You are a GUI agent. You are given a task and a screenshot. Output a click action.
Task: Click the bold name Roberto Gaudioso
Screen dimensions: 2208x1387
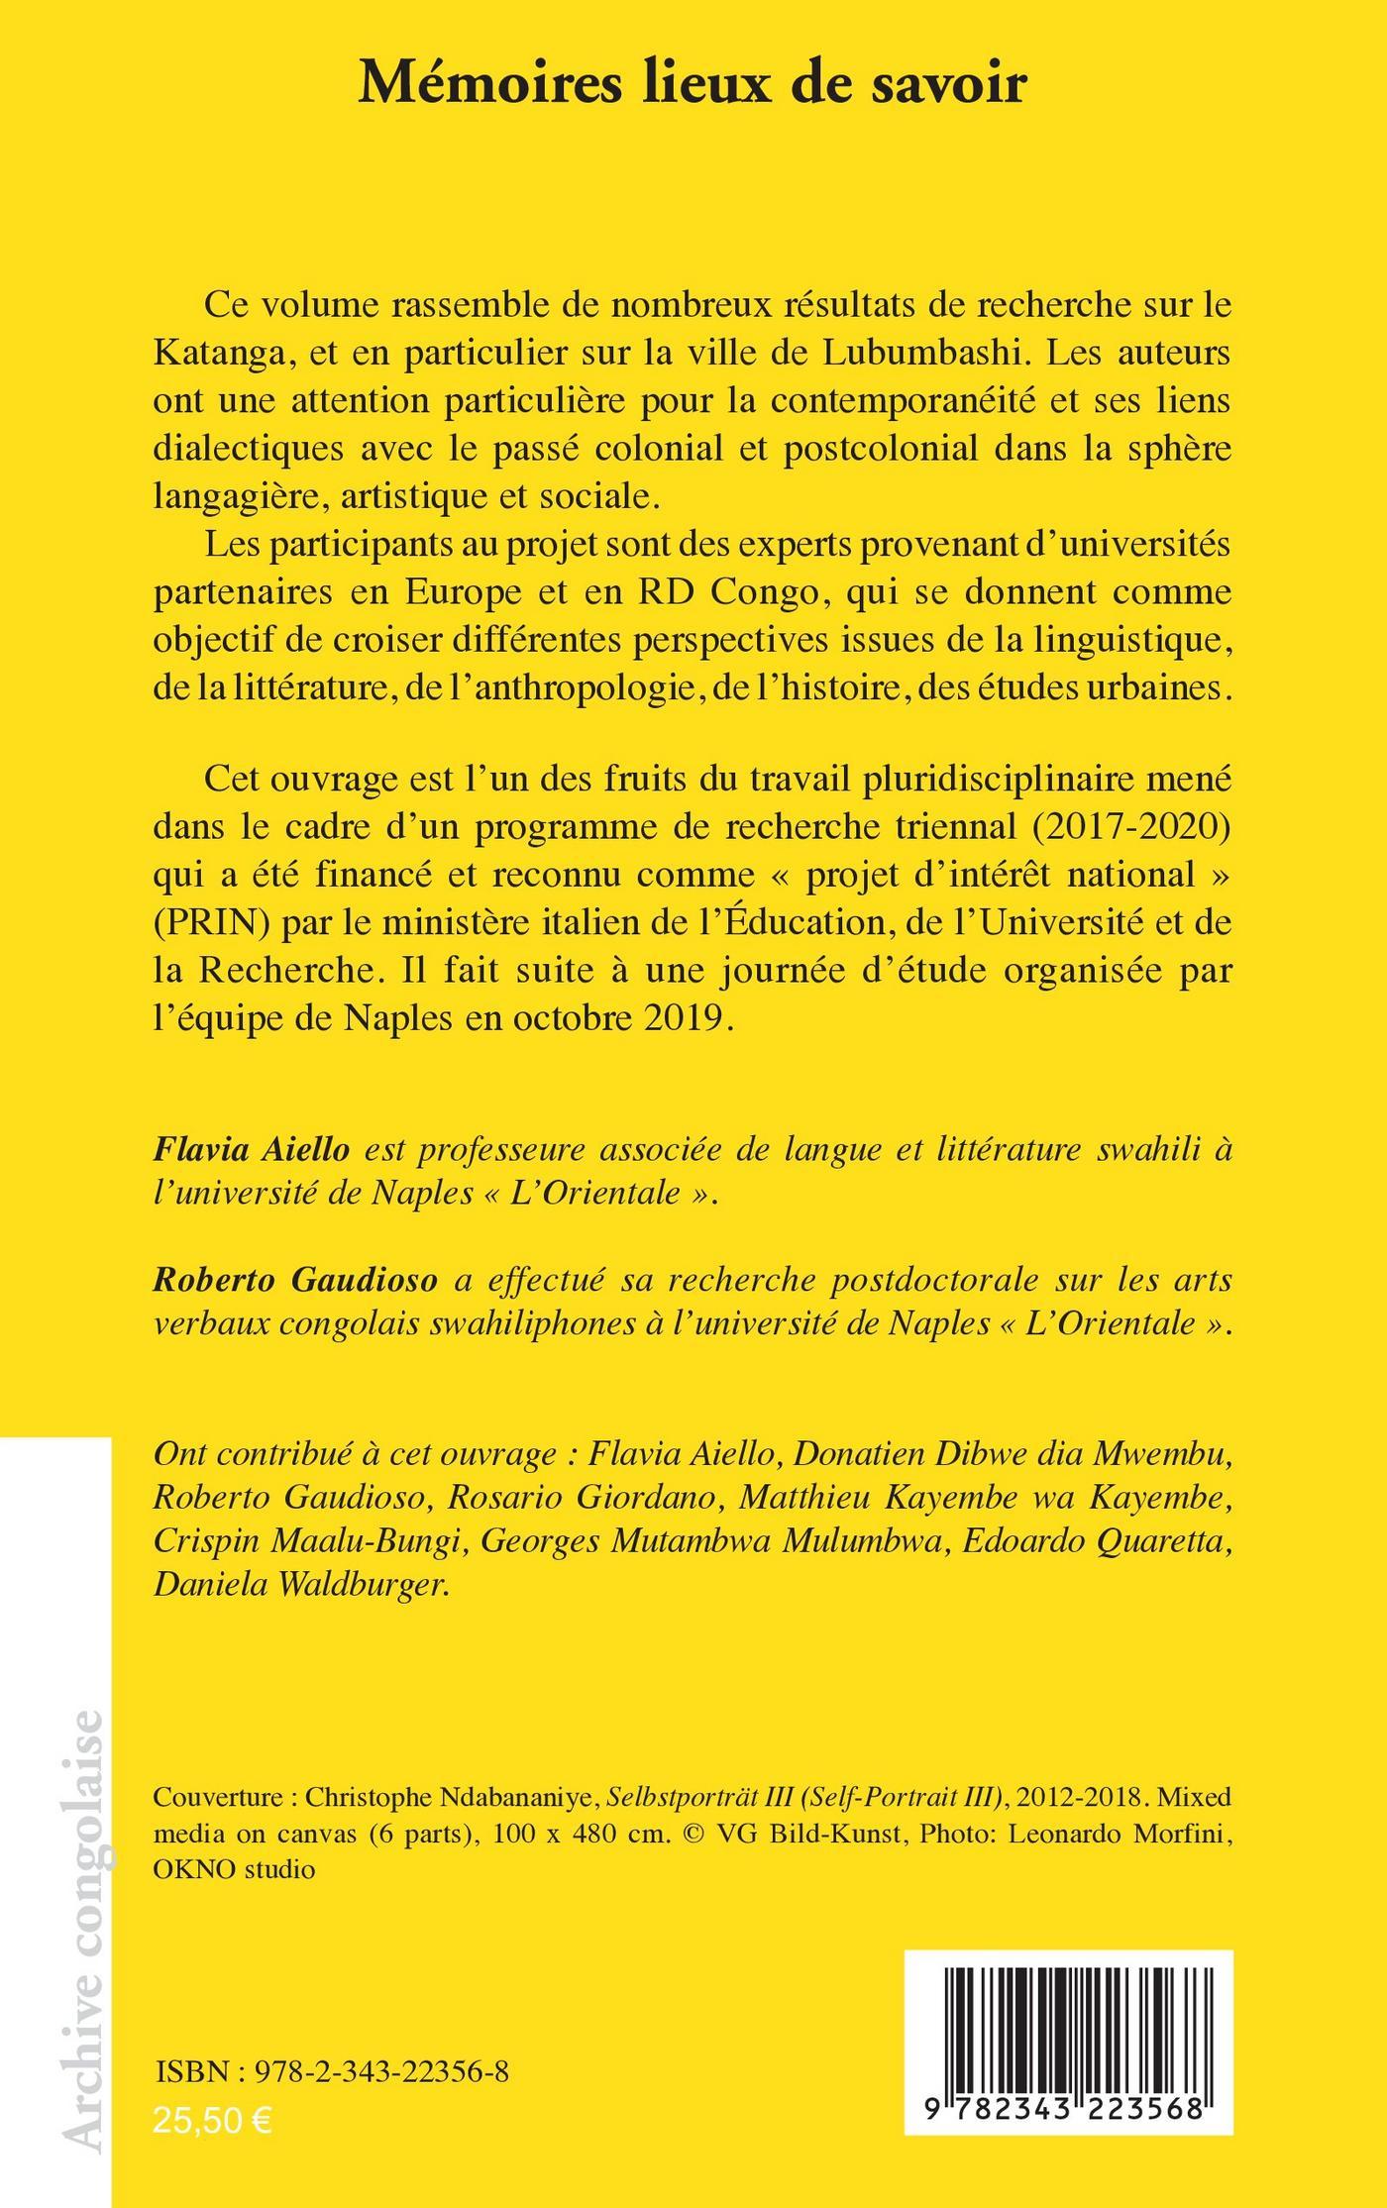(x=294, y=1280)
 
